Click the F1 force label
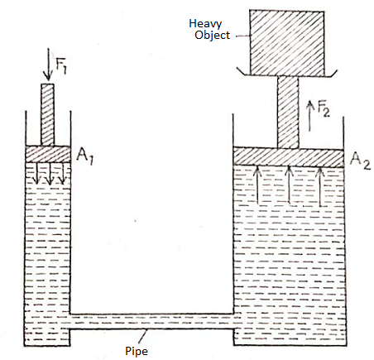click(x=61, y=66)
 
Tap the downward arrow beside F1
click(x=48, y=65)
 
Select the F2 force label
click(x=324, y=108)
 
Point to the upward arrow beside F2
click(x=310, y=116)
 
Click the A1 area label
click(x=85, y=156)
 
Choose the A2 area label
click(x=360, y=161)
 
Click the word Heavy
click(x=205, y=24)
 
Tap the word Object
click(x=212, y=36)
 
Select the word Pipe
click(x=137, y=351)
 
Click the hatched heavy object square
click(x=287, y=43)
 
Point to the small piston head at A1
click(x=48, y=154)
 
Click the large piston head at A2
click(x=288, y=157)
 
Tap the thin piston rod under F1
click(x=47, y=114)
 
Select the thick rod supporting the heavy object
click(x=288, y=113)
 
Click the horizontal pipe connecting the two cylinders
click(x=151, y=321)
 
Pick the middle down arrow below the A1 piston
click(x=50, y=174)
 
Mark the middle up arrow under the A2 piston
click(x=289, y=185)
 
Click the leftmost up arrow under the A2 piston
click(x=257, y=185)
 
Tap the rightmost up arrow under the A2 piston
click(x=319, y=187)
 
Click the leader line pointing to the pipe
click(x=142, y=336)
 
